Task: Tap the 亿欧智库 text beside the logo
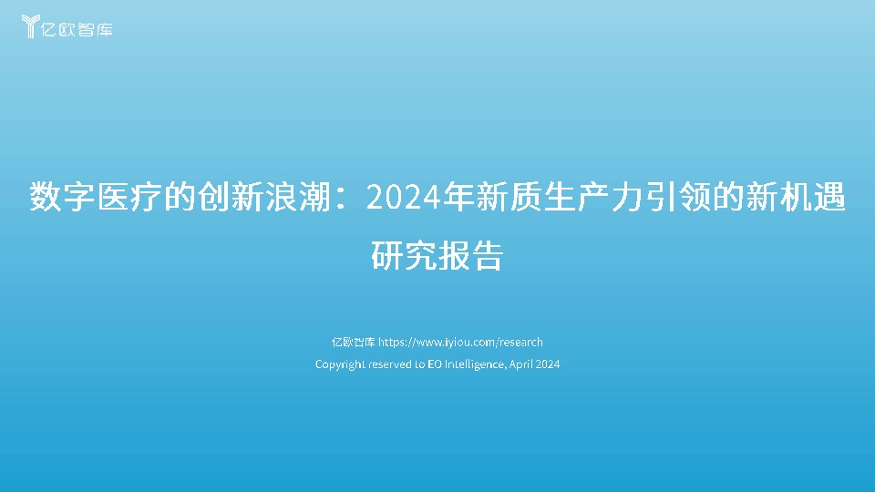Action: (x=80, y=28)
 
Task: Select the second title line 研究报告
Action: (x=437, y=256)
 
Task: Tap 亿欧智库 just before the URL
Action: (x=353, y=343)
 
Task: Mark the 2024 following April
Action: (x=548, y=364)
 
